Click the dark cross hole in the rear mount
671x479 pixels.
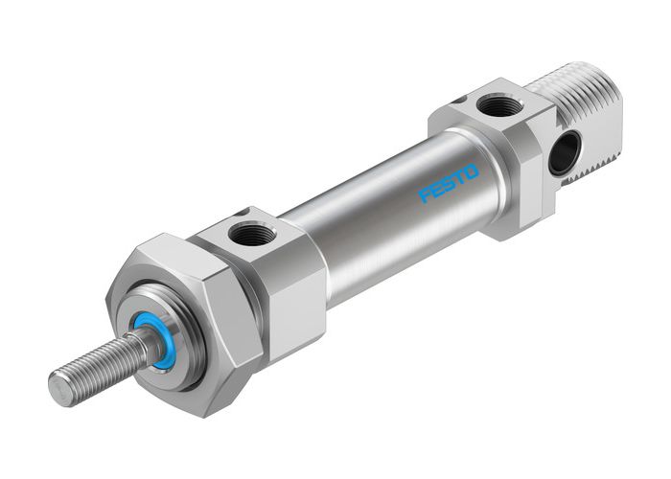point(565,151)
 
